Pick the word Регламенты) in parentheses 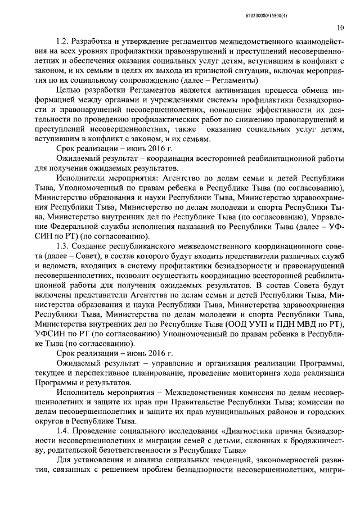232,80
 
